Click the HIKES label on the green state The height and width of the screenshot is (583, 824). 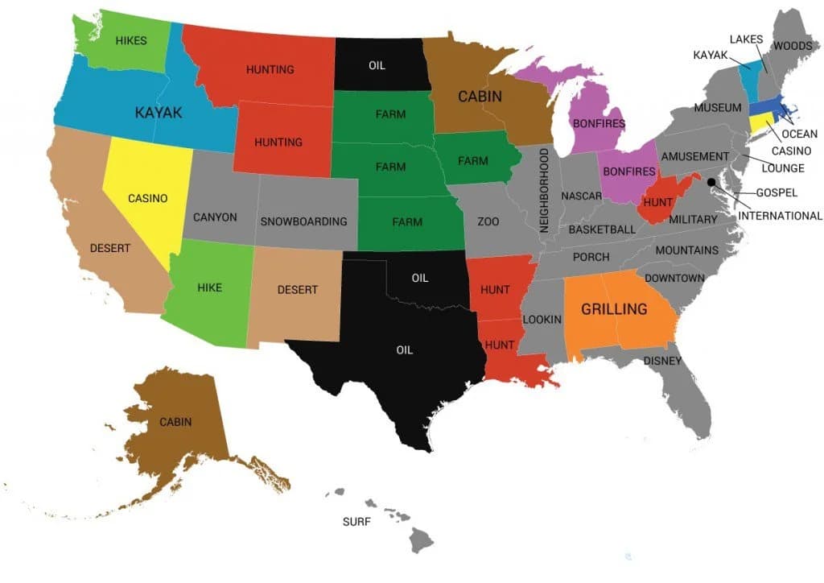click(x=130, y=40)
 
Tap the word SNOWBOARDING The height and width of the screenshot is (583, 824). click(x=304, y=221)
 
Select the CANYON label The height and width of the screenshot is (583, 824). click(x=216, y=217)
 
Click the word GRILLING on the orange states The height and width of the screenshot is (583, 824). click(x=614, y=309)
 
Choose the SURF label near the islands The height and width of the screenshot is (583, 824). click(x=356, y=522)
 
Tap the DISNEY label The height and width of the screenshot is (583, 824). click(x=662, y=361)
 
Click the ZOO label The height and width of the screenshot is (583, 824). click(x=488, y=221)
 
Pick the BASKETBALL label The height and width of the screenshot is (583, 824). click(x=602, y=229)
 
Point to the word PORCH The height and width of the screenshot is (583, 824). click(x=591, y=258)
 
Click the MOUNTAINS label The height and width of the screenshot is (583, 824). click(x=686, y=251)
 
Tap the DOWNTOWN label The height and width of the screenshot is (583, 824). click(x=674, y=279)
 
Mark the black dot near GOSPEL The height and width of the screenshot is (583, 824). click(x=711, y=183)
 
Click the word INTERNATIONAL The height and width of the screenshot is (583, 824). click(x=780, y=216)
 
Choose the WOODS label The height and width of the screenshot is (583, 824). click(x=792, y=46)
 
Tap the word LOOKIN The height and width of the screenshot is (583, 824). click(x=542, y=320)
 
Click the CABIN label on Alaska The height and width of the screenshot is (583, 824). click(x=175, y=422)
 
